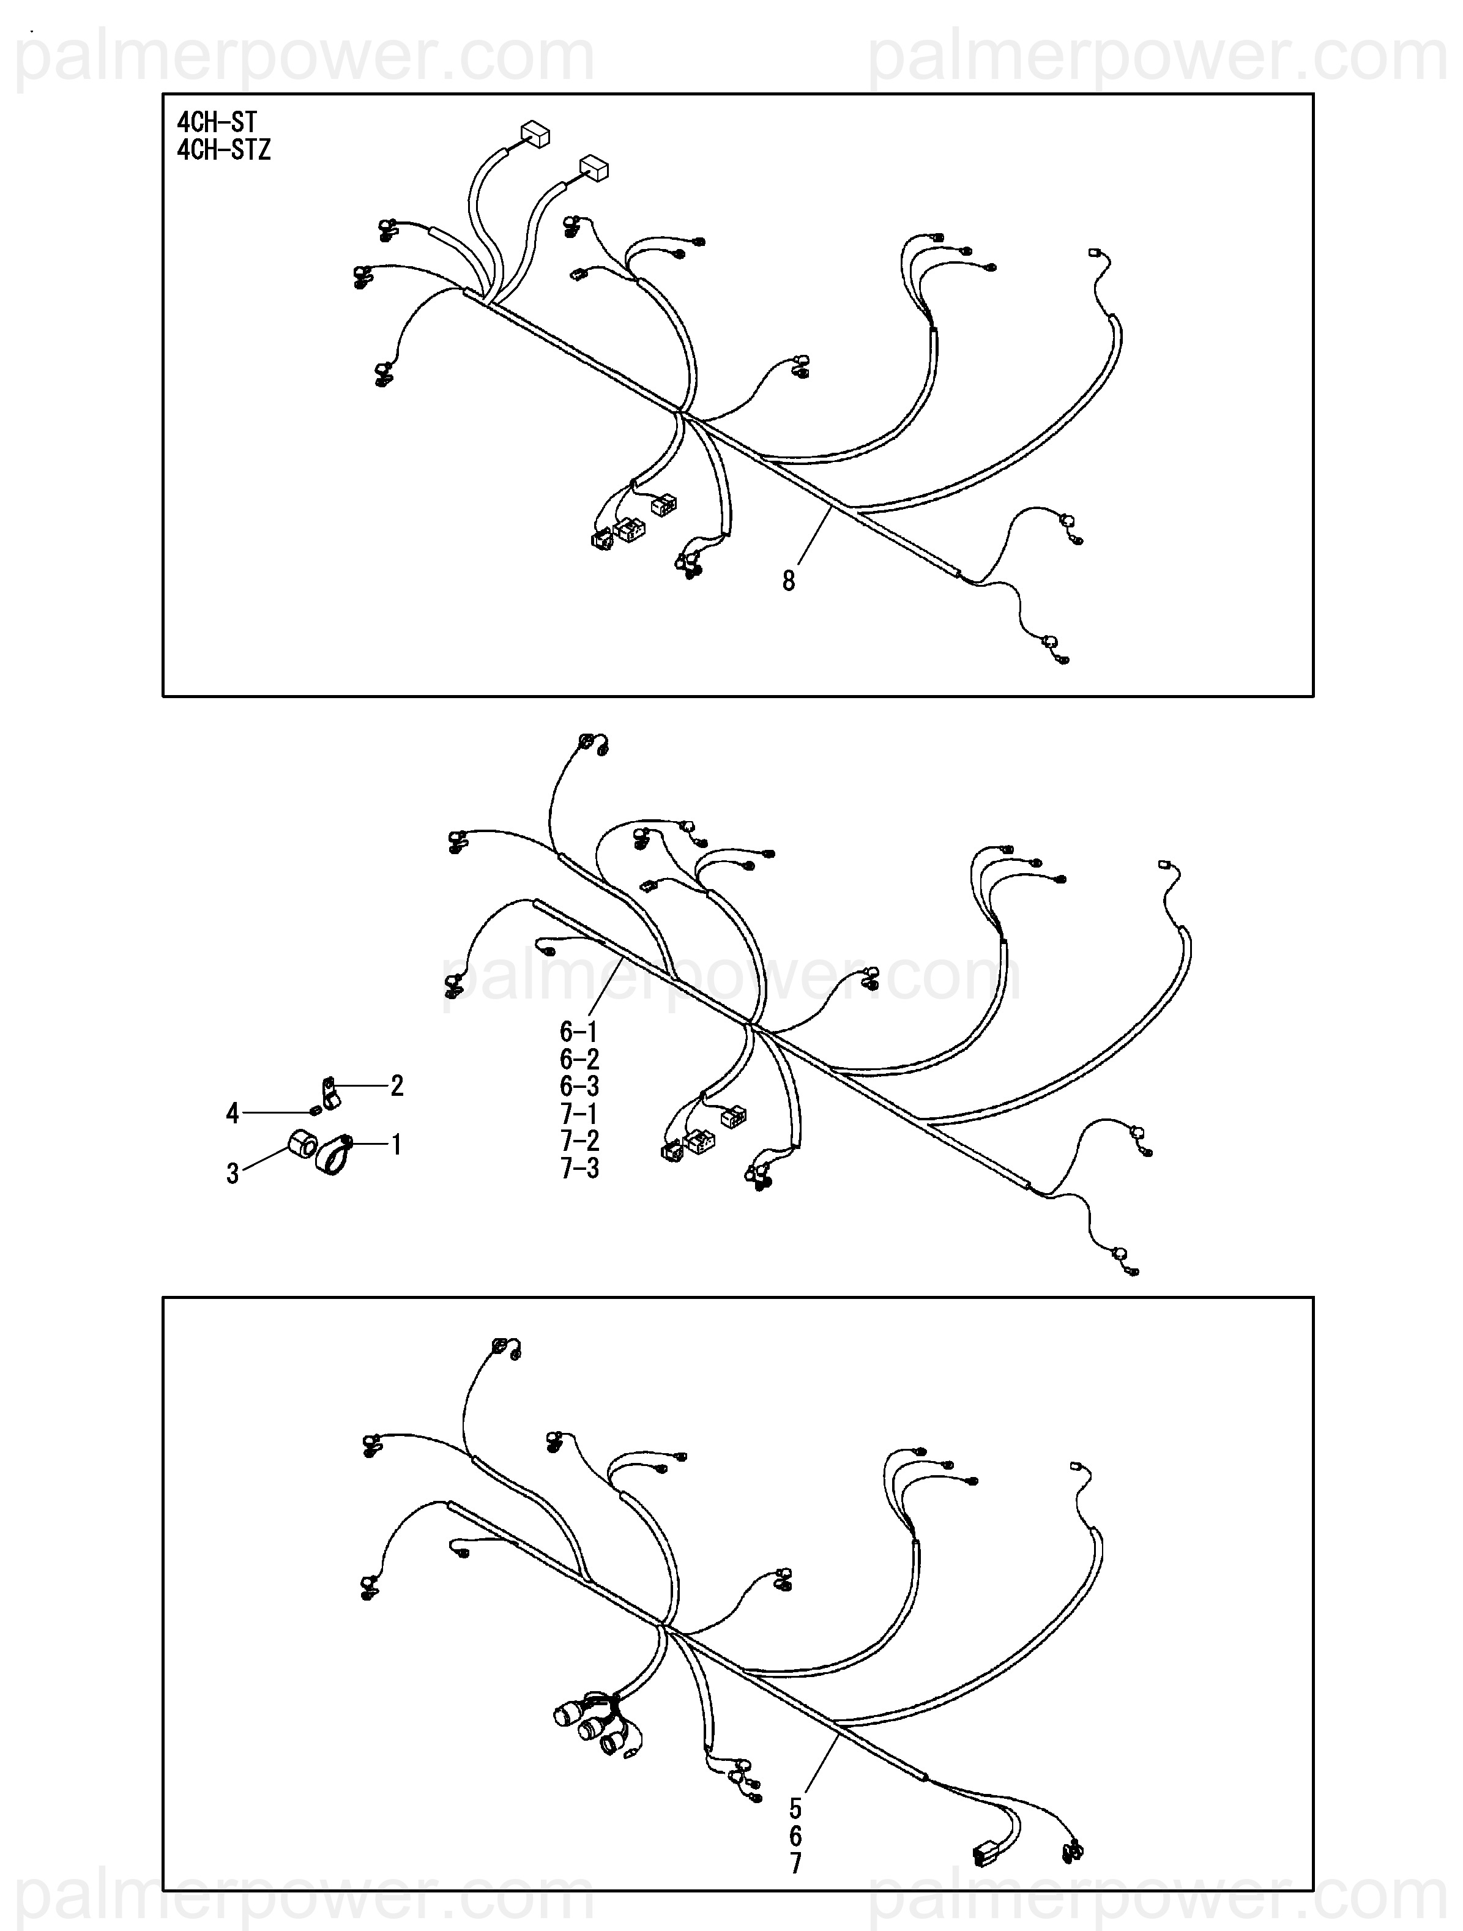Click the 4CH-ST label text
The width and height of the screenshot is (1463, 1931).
[x=217, y=121]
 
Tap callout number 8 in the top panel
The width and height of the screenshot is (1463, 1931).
[x=788, y=581]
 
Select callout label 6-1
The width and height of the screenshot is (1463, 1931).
[x=579, y=1031]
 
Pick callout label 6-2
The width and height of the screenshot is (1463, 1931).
[x=579, y=1059]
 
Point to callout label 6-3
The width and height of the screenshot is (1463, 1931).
[x=579, y=1086]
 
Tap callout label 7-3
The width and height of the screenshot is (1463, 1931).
[x=579, y=1168]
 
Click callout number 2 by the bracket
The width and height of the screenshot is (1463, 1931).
[x=397, y=1086]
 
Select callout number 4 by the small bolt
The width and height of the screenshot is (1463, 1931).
[x=232, y=1113]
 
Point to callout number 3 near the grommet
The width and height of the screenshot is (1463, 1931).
[x=232, y=1174]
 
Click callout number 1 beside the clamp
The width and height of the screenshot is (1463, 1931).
[x=396, y=1144]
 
